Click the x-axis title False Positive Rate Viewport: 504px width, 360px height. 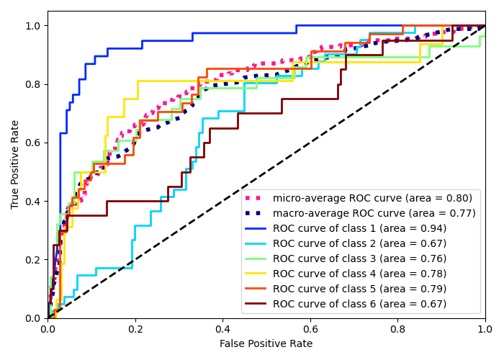tap(266, 344)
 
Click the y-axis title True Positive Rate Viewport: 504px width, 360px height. tap(16, 164)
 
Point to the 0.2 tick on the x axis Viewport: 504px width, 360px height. tap(135, 328)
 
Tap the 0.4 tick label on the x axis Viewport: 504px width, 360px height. tap(222, 328)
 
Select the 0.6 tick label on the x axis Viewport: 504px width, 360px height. tap(310, 328)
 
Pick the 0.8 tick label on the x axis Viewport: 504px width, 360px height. tap(397, 328)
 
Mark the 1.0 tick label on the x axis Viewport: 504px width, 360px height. tap(485, 328)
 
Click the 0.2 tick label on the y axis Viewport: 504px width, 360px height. tap(33, 259)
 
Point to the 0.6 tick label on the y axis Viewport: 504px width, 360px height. tap(33, 143)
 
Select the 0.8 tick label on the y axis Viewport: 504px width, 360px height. tap(33, 84)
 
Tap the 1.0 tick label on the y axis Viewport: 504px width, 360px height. tap(33, 26)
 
